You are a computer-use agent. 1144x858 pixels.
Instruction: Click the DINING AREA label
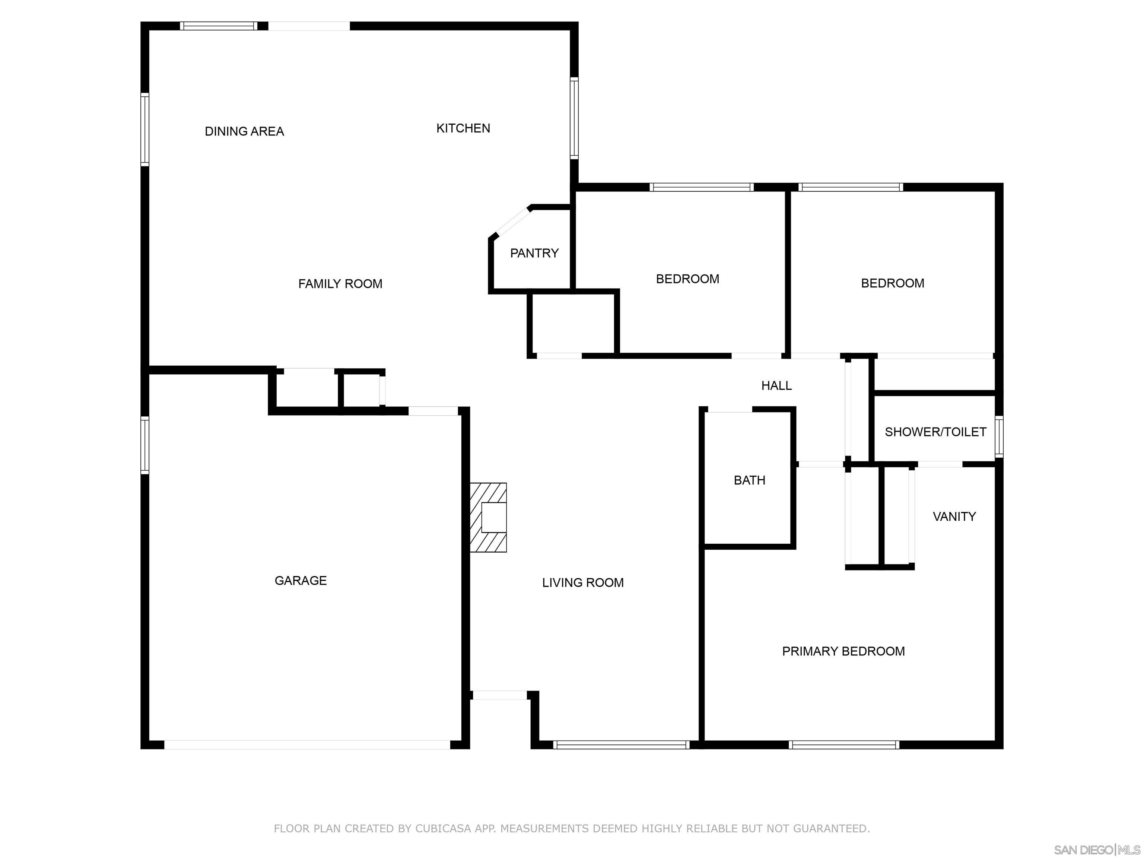click(x=244, y=131)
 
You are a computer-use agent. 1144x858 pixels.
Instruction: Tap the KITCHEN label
click(x=463, y=128)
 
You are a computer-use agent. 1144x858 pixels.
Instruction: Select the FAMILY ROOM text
click(x=340, y=283)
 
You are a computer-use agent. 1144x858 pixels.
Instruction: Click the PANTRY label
click(x=534, y=253)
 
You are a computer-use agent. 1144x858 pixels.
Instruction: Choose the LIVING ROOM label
click(x=583, y=582)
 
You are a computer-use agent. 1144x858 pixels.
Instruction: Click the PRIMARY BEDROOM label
click(x=843, y=651)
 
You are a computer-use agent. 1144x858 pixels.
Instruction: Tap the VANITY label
click(x=954, y=516)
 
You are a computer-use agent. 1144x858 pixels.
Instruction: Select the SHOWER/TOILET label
click(x=935, y=432)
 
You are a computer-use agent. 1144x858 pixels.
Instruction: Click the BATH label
click(x=749, y=480)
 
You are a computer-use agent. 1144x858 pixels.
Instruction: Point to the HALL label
click(x=776, y=385)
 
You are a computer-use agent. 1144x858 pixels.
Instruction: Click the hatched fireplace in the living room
click(x=488, y=517)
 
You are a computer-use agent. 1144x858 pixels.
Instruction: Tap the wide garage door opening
click(x=307, y=745)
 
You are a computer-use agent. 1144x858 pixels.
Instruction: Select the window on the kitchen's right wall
click(x=574, y=118)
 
